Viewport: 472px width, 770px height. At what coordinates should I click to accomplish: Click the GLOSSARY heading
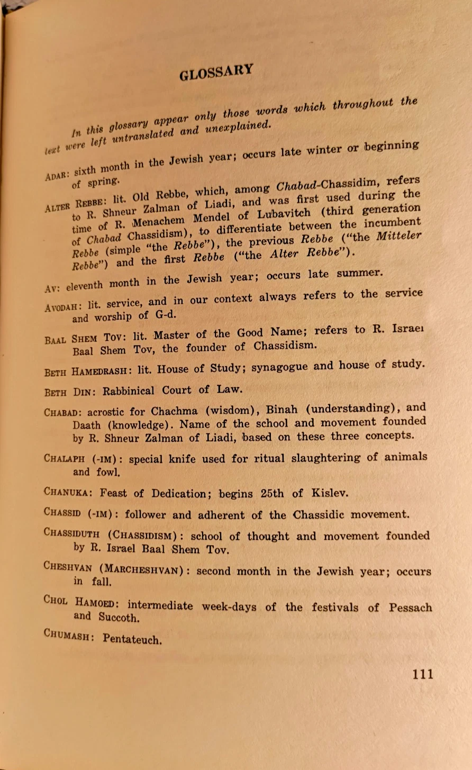point(216,71)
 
